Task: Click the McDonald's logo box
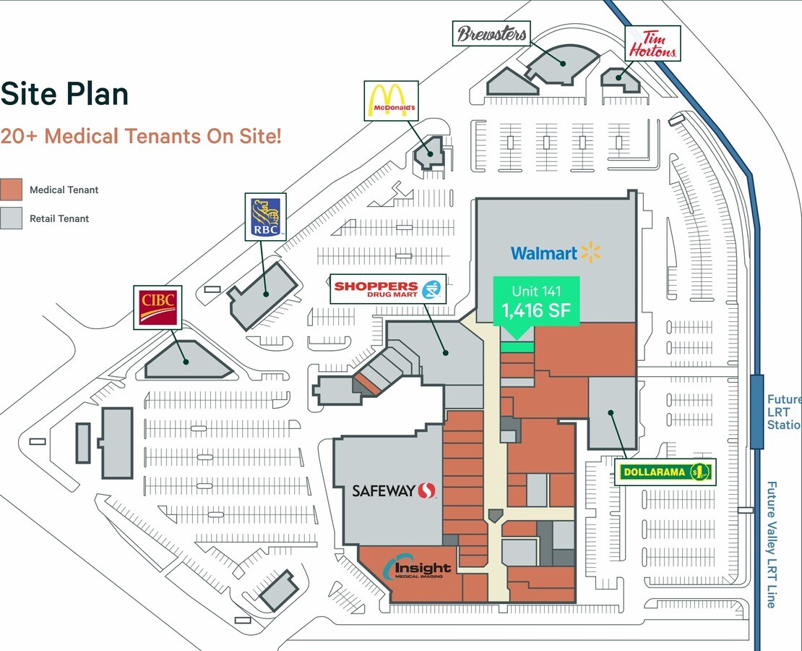(392, 101)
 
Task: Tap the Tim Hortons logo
(653, 43)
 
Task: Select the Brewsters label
(491, 33)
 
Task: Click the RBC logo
(265, 217)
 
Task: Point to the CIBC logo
(158, 307)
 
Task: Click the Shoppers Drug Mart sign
(388, 289)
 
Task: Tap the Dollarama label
(665, 472)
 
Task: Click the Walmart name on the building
(556, 252)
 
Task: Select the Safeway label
(394, 490)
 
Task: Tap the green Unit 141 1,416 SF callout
(536, 302)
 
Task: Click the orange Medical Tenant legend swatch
(12, 190)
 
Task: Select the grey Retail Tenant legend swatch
(12, 218)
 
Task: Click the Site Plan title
(64, 94)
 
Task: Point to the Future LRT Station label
(784, 412)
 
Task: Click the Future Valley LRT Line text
(772, 545)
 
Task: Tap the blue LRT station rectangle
(757, 412)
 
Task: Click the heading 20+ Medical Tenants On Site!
(141, 136)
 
